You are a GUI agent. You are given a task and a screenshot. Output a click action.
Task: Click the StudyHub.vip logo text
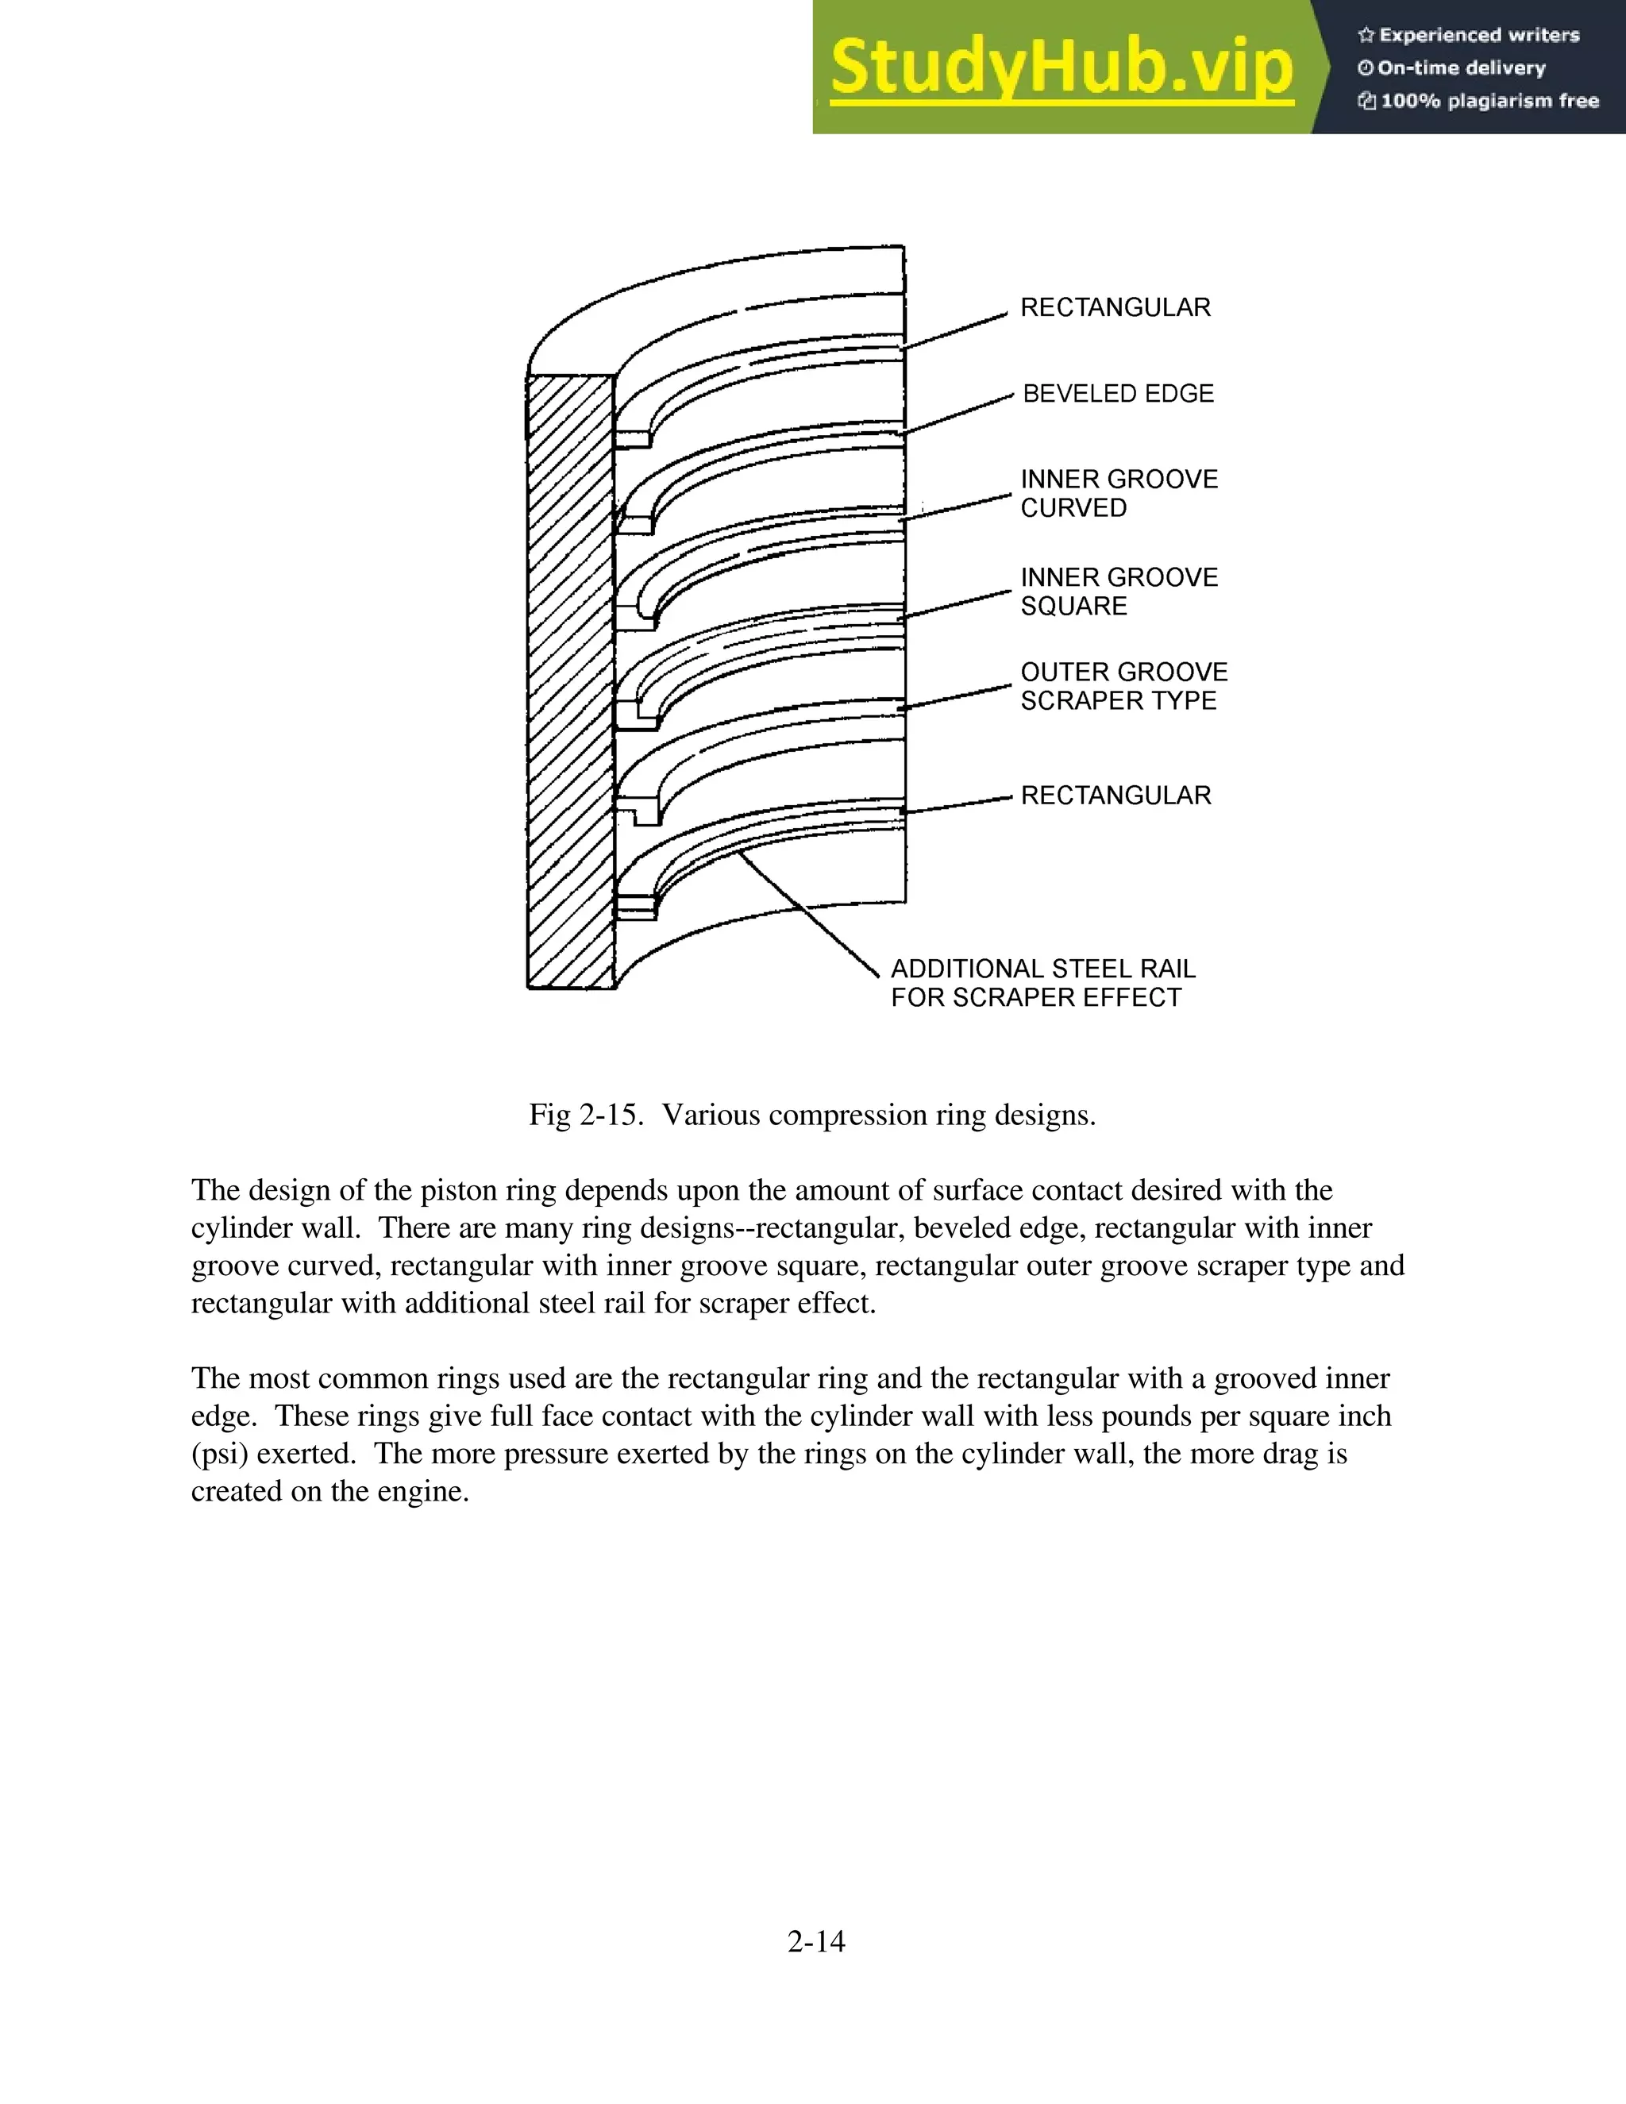click(x=1061, y=68)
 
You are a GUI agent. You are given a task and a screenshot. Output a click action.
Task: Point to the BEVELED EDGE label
click(x=1117, y=394)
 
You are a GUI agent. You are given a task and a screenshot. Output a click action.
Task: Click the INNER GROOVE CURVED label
click(x=1119, y=493)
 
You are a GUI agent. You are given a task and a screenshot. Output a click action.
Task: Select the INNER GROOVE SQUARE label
click(x=1119, y=592)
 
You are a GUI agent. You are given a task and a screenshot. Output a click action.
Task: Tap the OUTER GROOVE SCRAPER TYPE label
click(x=1123, y=686)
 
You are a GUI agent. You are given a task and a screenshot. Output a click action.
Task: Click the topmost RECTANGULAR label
click(x=1115, y=307)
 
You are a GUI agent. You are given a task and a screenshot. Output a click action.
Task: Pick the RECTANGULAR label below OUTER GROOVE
click(x=1115, y=796)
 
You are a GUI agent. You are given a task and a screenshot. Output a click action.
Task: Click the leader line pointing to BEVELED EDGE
click(x=957, y=414)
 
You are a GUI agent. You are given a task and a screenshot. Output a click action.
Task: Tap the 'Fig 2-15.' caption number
click(x=584, y=1115)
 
